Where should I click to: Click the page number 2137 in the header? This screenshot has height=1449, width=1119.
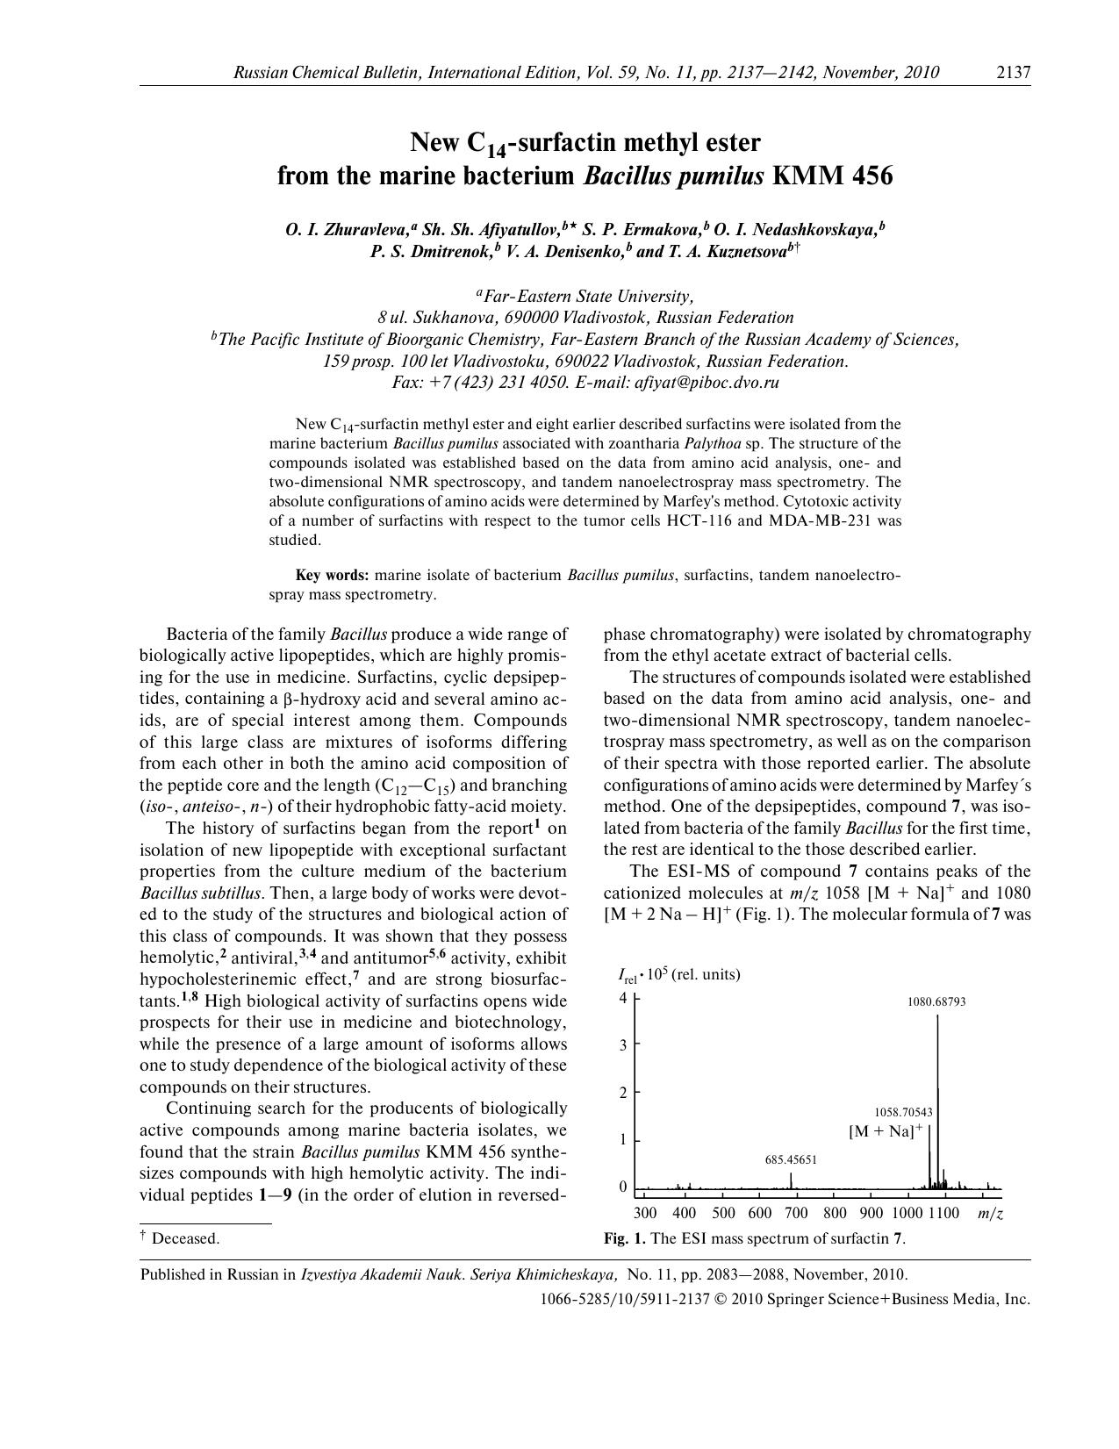click(1013, 73)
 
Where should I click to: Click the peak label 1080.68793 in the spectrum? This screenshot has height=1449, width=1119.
click(936, 1001)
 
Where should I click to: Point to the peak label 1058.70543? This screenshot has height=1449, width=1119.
click(902, 1112)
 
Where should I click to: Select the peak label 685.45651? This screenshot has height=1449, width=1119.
click(791, 1159)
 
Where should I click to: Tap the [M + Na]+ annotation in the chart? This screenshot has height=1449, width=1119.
click(885, 1131)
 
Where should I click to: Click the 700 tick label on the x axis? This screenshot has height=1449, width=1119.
click(795, 1214)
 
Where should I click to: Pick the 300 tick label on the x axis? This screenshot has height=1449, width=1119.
click(644, 1214)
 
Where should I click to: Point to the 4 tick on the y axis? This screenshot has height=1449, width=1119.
click(623, 998)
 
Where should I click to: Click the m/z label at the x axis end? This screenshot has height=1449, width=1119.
click(990, 1214)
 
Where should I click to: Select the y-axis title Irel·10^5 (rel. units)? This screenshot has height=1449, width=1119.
click(679, 974)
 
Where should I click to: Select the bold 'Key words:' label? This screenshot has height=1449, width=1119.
click(333, 576)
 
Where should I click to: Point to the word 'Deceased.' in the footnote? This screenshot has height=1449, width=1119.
click(185, 1238)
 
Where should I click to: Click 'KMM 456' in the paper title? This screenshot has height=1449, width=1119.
click(832, 176)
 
